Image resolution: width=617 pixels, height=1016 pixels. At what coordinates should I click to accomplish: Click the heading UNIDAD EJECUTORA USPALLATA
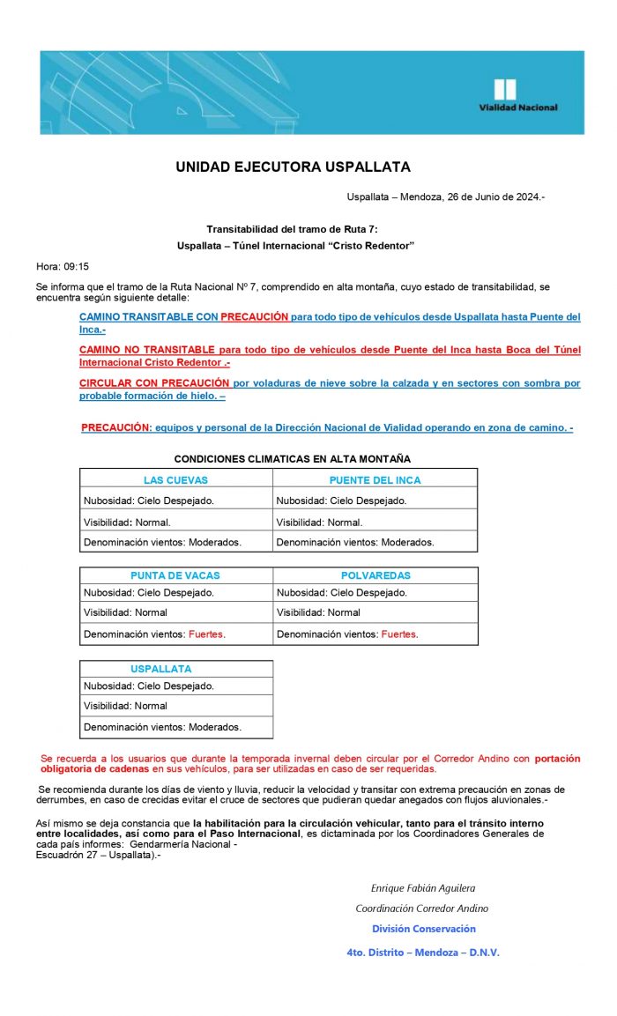[293, 167]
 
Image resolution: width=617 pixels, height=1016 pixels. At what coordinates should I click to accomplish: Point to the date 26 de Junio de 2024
[485, 197]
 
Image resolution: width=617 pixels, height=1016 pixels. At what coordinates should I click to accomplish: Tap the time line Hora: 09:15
[62, 266]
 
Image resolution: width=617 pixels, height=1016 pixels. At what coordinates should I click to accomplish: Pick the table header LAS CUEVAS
[175, 480]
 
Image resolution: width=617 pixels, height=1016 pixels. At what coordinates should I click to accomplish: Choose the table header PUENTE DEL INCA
[375, 480]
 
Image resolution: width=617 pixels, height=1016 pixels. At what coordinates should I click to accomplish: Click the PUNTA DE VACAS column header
[175, 575]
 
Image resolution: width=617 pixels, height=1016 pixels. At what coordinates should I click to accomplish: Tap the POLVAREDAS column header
[375, 575]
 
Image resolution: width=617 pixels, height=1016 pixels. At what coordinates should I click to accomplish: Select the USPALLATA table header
[160, 669]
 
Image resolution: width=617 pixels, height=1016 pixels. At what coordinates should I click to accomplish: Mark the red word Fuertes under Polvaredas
[399, 634]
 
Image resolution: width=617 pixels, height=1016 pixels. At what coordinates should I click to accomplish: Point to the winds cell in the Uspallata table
[162, 727]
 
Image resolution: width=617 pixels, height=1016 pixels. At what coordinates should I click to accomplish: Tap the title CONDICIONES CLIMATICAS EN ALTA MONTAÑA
[292, 459]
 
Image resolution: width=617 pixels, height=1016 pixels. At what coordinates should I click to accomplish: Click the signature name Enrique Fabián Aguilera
[422, 888]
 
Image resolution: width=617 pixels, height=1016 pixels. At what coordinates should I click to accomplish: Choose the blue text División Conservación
[423, 929]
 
